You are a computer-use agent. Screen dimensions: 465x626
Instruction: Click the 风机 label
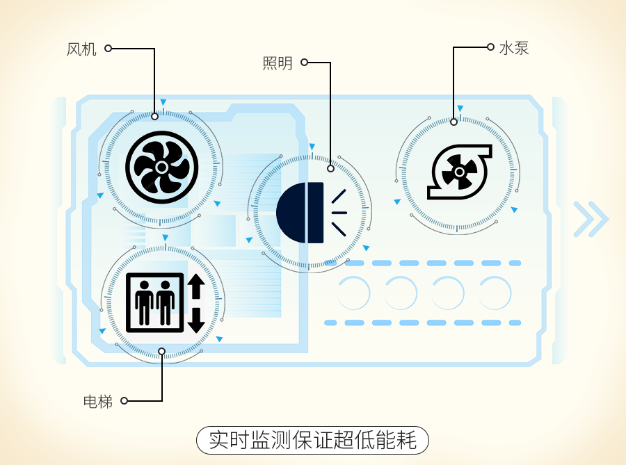(x=81, y=49)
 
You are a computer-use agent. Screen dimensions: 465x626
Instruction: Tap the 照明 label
(x=278, y=64)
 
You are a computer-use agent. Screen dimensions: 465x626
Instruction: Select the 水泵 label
(x=514, y=49)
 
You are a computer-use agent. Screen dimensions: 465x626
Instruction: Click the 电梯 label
(x=97, y=401)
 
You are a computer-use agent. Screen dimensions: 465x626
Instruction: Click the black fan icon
(x=161, y=167)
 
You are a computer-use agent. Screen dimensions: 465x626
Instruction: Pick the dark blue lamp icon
(x=300, y=212)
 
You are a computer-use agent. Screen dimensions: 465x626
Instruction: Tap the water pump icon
(x=458, y=171)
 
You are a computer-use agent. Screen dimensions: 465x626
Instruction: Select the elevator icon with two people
(x=155, y=303)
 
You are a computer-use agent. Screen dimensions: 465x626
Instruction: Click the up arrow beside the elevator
(x=195, y=286)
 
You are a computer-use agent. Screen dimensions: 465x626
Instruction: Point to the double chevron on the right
(x=591, y=220)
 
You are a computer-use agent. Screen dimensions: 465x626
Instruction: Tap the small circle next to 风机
(x=108, y=49)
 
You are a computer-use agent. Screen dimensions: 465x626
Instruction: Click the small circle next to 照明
(x=305, y=63)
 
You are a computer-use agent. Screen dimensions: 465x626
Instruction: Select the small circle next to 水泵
(x=490, y=48)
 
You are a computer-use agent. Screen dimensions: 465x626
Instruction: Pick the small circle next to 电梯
(x=124, y=401)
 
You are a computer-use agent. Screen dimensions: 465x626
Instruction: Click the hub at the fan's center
(x=161, y=168)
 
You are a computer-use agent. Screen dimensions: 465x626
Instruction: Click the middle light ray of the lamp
(x=341, y=212)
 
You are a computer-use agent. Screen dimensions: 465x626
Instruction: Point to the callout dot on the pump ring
(x=454, y=122)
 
